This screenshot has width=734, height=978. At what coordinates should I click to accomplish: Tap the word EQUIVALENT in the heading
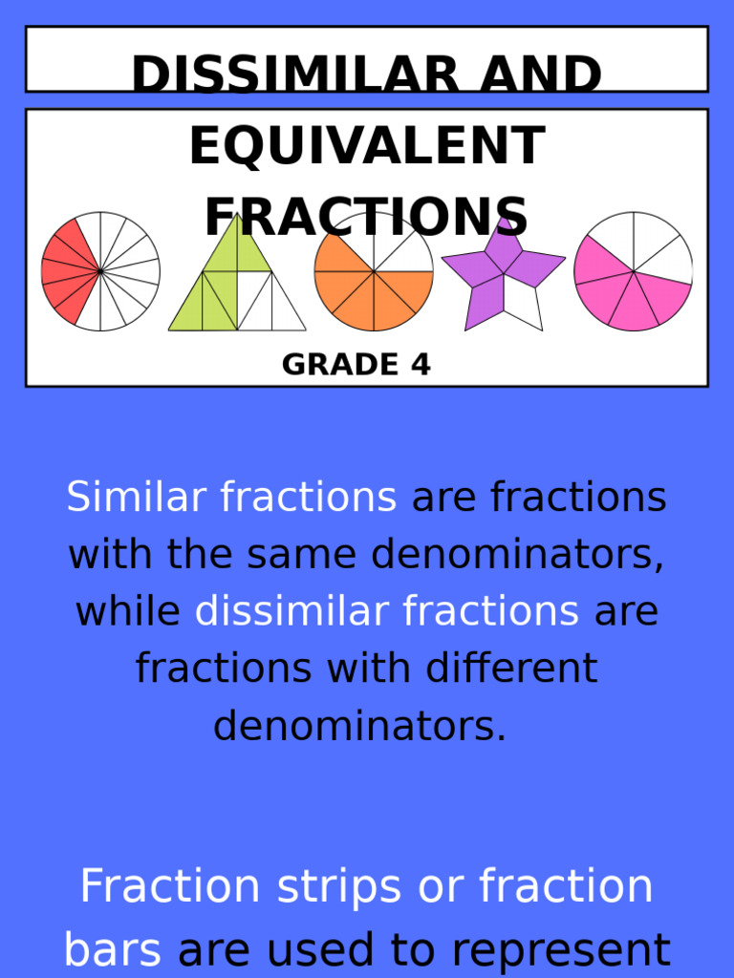[x=367, y=147]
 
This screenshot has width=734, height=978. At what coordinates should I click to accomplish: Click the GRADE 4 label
[x=356, y=364]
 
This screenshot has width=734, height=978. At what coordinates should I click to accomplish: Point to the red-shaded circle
[x=100, y=271]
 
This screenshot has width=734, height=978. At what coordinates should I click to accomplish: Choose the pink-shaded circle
[x=633, y=271]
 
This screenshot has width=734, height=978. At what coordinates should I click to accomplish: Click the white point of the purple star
[x=524, y=306]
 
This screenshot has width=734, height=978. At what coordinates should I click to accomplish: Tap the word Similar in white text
[x=136, y=498]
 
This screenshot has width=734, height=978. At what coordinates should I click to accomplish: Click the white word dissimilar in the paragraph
[x=386, y=611]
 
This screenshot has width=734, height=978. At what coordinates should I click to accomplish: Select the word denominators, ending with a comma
[x=517, y=554]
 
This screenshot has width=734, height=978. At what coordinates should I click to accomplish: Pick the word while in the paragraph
[x=127, y=611]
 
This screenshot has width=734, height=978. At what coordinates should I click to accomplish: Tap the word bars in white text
[x=114, y=950]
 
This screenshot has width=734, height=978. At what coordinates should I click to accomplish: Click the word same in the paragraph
[x=299, y=554]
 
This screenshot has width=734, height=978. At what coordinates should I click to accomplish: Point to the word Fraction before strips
[x=170, y=886]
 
